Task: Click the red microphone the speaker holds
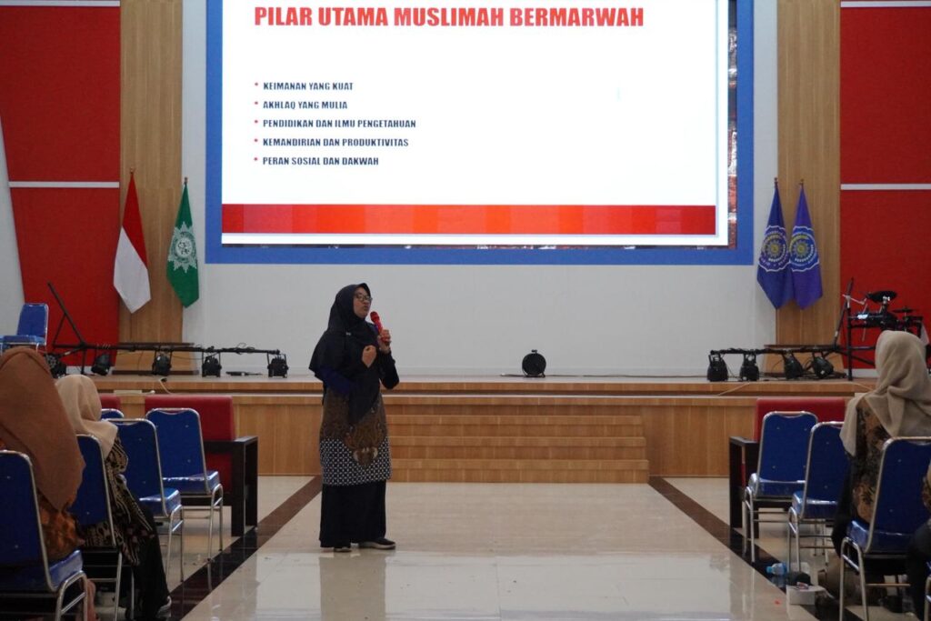tap(377, 324)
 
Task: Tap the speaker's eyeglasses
tap(363, 297)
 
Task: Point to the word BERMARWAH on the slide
tap(576, 17)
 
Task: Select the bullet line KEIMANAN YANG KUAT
tap(307, 86)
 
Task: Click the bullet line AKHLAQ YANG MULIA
tap(305, 105)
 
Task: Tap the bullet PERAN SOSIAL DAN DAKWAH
tap(320, 161)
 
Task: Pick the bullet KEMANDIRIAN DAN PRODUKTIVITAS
tap(335, 143)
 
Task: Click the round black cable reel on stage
tap(534, 364)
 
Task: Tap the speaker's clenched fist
tap(369, 356)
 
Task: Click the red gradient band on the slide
tap(468, 219)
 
